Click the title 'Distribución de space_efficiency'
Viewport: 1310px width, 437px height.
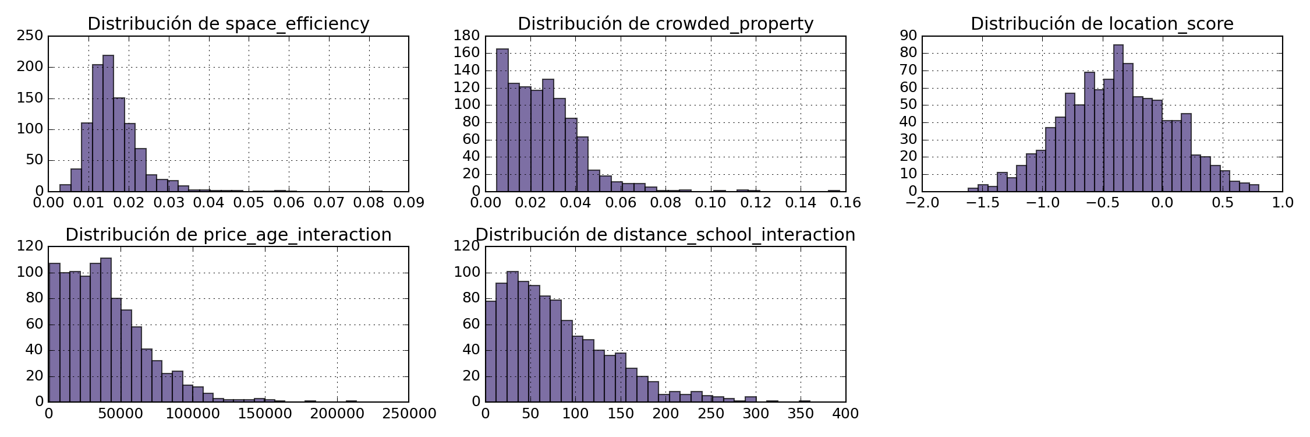tap(228, 24)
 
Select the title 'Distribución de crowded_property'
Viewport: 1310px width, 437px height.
tap(665, 24)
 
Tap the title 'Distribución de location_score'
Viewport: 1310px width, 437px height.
tap(1102, 24)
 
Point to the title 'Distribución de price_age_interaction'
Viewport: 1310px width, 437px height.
tap(228, 235)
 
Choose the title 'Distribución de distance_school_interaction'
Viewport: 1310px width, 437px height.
tap(665, 235)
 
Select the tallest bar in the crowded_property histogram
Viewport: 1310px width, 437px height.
tap(502, 120)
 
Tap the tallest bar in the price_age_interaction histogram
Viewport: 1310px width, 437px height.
tap(106, 330)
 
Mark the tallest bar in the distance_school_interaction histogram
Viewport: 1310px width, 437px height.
tap(512, 337)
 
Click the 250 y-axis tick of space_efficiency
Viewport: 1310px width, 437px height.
tap(30, 36)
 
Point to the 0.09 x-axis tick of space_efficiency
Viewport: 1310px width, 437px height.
tap(409, 203)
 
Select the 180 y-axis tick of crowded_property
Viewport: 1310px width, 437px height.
tap(467, 36)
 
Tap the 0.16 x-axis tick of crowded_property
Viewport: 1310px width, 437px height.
tap(845, 203)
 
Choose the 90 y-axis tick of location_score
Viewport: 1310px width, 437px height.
tap(908, 36)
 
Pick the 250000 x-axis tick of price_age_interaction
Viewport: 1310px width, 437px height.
tap(409, 414)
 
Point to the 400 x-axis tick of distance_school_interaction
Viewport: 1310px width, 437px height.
tap(845, 414)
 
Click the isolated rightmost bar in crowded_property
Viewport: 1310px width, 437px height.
tap(834, 190)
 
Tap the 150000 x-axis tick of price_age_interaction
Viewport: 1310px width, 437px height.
tap(265, 414)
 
